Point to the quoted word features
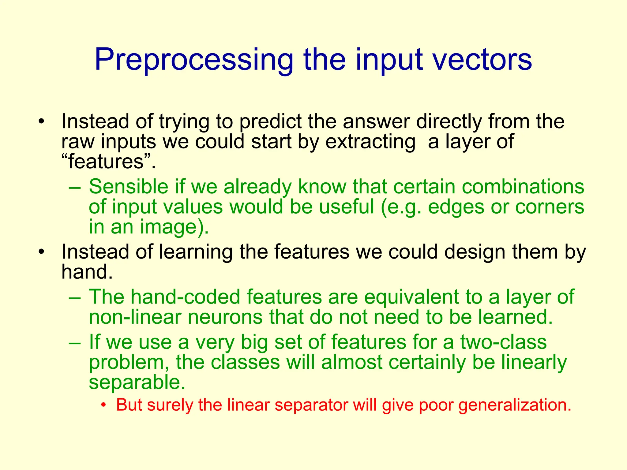(x=106, y=162)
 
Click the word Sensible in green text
(x=129, y=187)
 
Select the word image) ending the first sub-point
(x=175, y=227)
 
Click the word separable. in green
(x=137, y=382)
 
